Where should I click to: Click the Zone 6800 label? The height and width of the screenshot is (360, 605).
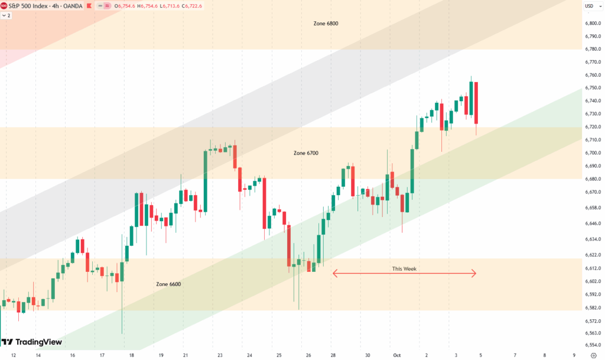point(326,24)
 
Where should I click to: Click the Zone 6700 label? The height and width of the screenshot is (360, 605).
point(305,153)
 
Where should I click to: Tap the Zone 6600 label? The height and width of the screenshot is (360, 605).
point(168,284)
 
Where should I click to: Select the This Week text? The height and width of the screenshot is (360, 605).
point(404,269)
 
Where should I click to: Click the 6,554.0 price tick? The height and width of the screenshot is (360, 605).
point(593,345)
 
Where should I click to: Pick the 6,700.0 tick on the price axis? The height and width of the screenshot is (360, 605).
point(593,153)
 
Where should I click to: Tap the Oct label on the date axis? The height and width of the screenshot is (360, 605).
point(397,355)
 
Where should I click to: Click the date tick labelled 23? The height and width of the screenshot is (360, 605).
point(220,355)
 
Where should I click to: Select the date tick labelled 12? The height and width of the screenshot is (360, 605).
point(13,355)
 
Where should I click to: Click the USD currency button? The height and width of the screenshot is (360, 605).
point(589,6)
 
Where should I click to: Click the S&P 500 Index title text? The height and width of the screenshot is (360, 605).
point(29,5)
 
